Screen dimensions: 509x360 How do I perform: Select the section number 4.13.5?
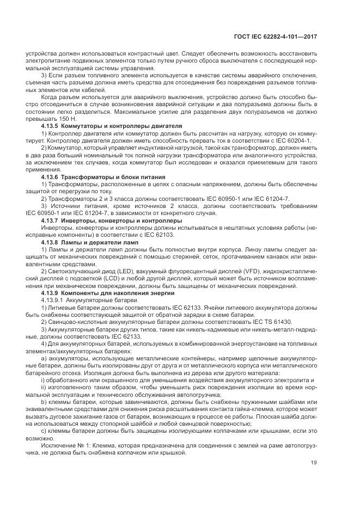tap(50, 126)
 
